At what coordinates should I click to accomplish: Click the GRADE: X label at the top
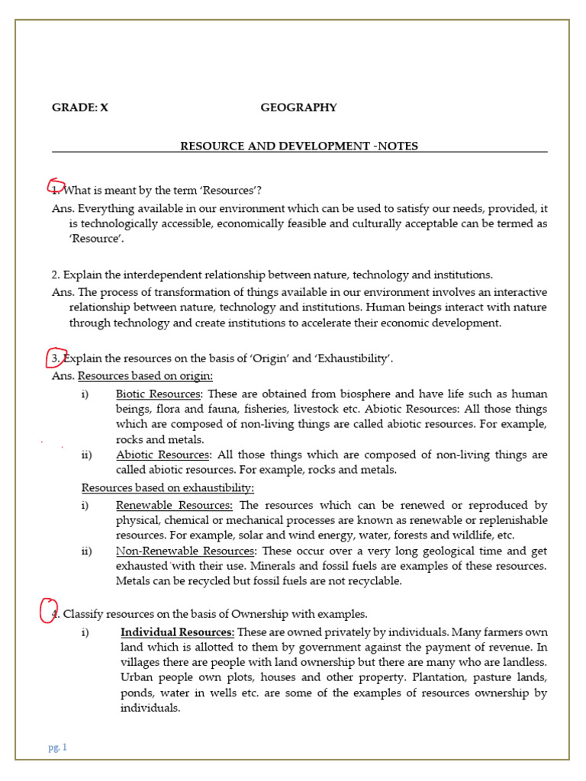[x=80, y=108]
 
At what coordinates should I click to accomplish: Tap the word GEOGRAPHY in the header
[x=298, y=108]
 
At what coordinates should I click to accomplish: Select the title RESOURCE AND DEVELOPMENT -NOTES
[x=298, y=146]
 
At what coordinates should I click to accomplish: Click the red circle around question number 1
[x=56, y=188]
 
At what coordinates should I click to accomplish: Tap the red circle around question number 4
[x=49, y=611]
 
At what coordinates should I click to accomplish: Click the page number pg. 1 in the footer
[x=57, y=747]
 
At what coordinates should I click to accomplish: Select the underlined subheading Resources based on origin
[x=145, y=376]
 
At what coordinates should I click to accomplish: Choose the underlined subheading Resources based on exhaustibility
[x=168, y=487]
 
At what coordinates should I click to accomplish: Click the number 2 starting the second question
[x=55, y=275]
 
